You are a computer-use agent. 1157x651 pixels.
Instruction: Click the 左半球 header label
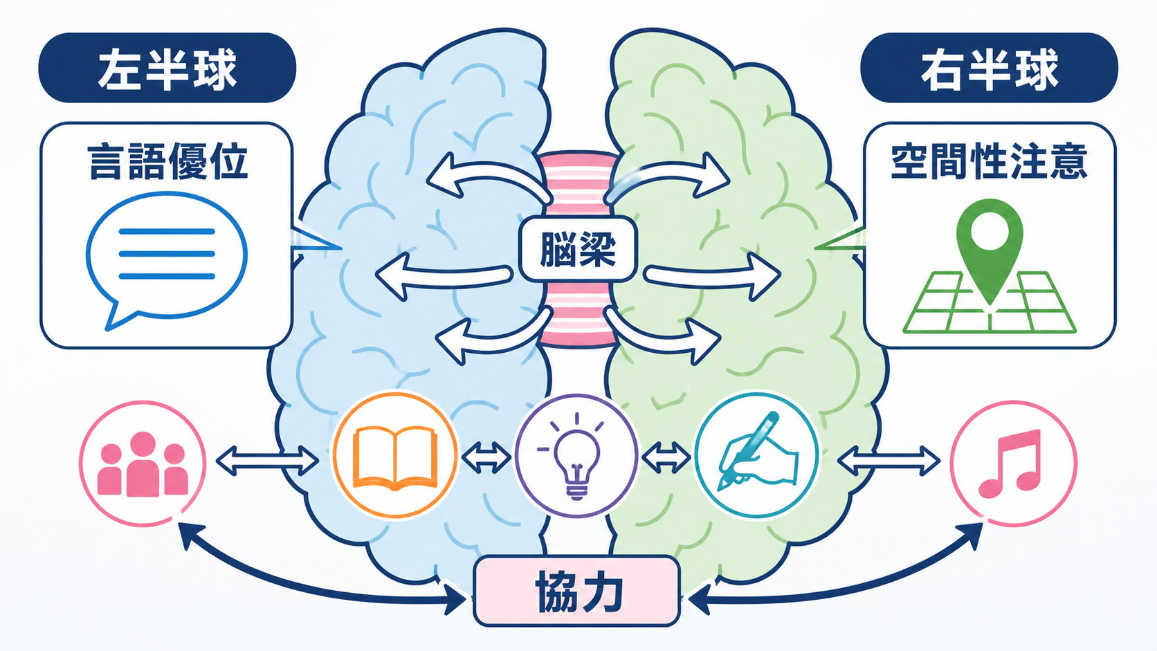click(x=167, y=68)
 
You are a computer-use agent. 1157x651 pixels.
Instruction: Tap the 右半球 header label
click(x=989, y=68)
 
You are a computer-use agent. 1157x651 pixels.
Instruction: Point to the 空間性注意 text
click(x=990, y=162)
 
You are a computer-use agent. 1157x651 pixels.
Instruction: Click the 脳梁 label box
click(x=578, y=249)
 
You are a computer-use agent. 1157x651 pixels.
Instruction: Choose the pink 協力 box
click(x=576, y=591)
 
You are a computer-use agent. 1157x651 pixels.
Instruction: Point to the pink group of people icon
click(x=143, y=463)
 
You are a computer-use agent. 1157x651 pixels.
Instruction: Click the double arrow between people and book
click(x=267, y=461)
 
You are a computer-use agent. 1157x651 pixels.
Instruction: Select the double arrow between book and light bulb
click(x=486, y=457)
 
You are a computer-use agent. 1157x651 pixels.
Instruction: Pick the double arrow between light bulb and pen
click(x=666, y=457)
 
